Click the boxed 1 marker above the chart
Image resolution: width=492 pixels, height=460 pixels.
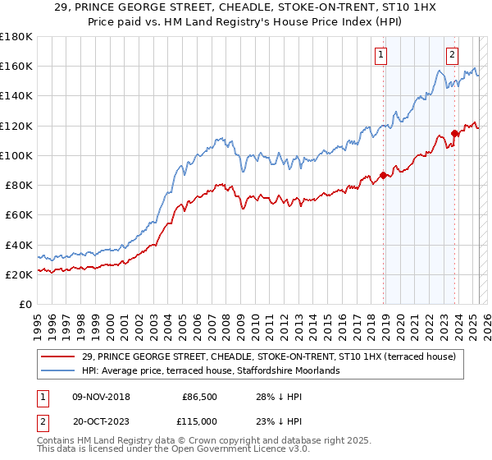[x=381, y=55]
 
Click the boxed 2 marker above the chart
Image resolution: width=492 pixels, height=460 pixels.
[x=452, y=55]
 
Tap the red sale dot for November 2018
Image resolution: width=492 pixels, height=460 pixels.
[x=383, y=175]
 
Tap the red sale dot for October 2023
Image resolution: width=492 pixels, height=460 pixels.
[x=454, y=133]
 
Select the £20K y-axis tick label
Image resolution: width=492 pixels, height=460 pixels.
[x=19, y=274]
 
